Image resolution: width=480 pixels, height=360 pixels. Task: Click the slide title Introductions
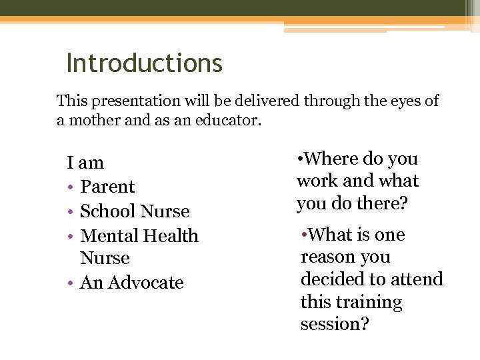(144, 63)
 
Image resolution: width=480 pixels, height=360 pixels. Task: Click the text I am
(85, 163)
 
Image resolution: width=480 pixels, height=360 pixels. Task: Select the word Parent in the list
(107, 187)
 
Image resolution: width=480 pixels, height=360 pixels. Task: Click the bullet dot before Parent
(70, 187)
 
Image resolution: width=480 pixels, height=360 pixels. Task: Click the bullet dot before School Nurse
(70, 212)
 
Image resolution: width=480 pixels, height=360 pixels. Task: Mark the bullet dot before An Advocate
(70, 283)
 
